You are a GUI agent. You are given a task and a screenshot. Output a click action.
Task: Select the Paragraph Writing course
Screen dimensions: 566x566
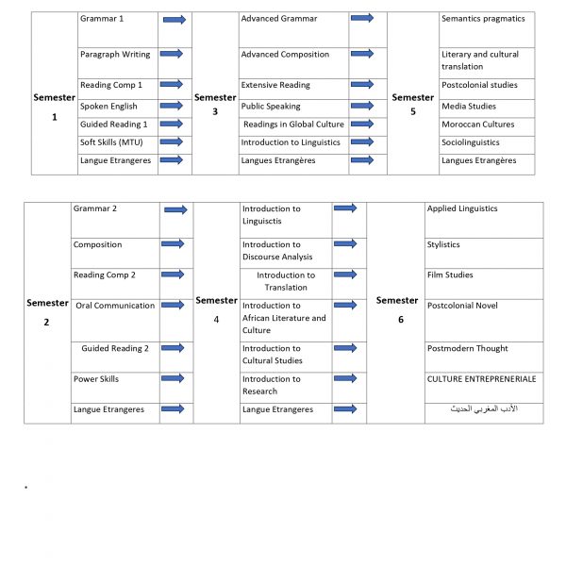click(115, 55)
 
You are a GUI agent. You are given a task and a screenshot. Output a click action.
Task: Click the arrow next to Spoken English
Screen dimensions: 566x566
click(173, 107)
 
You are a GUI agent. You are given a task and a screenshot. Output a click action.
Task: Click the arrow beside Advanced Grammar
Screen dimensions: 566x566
click(361, 19)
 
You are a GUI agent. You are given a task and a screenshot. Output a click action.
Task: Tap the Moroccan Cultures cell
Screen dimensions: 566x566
click(476, 125)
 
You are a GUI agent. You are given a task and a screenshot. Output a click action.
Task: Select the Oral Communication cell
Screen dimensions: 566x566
click(115, 306)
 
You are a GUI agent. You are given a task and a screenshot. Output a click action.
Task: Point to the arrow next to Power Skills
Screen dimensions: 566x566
click(172, 379)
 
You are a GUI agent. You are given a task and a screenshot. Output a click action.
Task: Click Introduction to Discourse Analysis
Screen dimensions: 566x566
click(277, 251)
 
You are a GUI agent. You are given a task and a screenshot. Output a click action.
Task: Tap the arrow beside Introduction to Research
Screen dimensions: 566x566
click(344, 379)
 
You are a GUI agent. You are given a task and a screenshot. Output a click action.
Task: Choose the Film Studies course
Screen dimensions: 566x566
click(450, 275)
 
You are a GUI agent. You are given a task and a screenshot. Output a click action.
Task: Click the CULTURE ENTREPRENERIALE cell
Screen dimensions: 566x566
click(481, 379)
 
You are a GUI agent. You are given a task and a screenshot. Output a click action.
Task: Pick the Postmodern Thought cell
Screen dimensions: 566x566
click(467, 349)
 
